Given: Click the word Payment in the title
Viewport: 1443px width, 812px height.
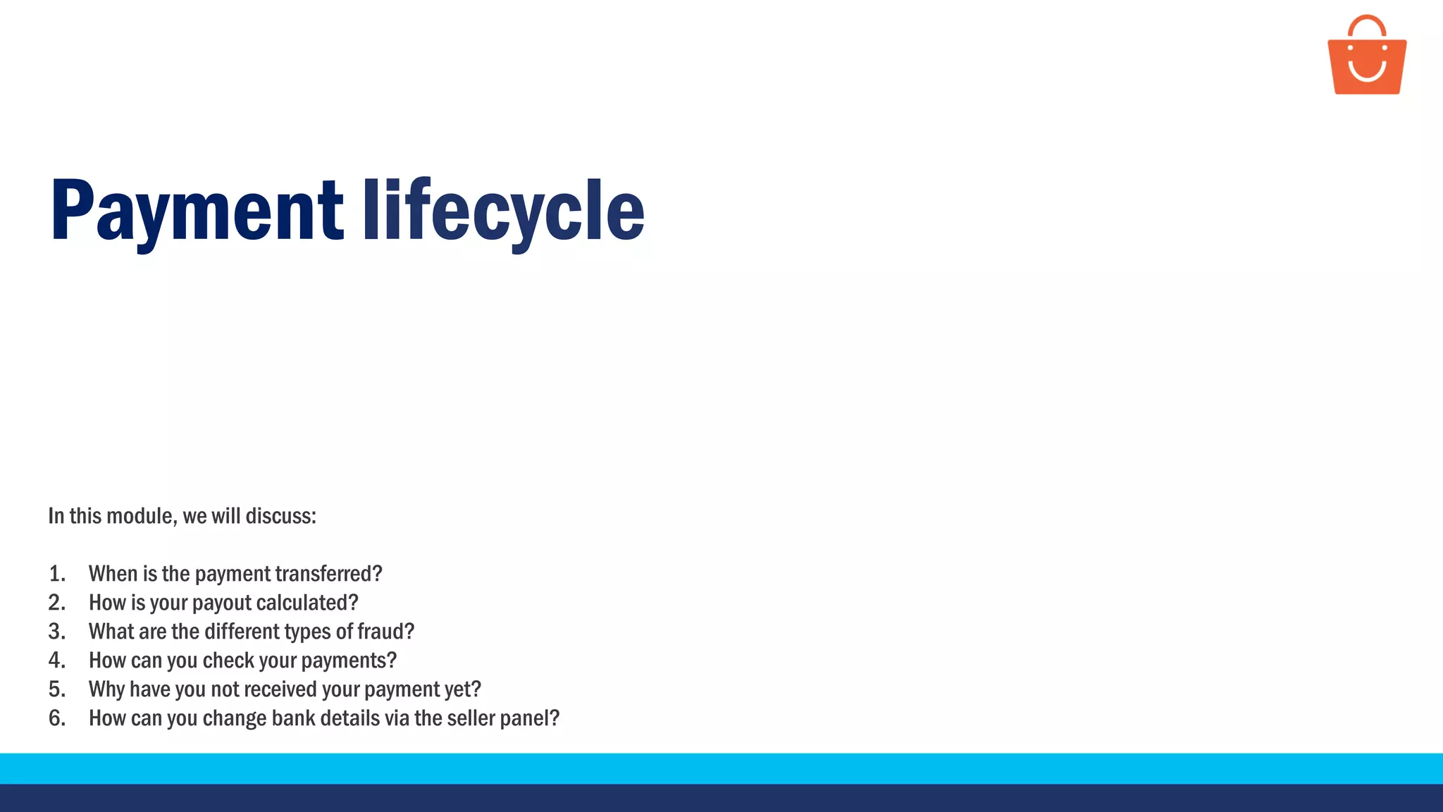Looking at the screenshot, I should click(x=197, y=210).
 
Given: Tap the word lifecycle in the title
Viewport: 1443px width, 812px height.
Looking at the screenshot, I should click(x=503, y=210).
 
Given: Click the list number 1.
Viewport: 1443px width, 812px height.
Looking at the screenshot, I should click(x=56, y=574).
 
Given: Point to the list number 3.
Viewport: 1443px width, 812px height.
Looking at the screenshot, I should click(x=56, y=632).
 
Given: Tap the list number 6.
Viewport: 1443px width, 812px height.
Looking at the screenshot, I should click(x=56, y=718).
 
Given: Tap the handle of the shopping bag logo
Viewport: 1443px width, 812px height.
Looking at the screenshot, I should click(x=1367, y=23).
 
